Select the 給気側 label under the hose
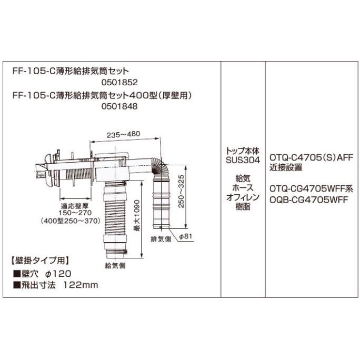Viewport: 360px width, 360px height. (115, 265)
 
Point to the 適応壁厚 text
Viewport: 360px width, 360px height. (71, 207)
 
